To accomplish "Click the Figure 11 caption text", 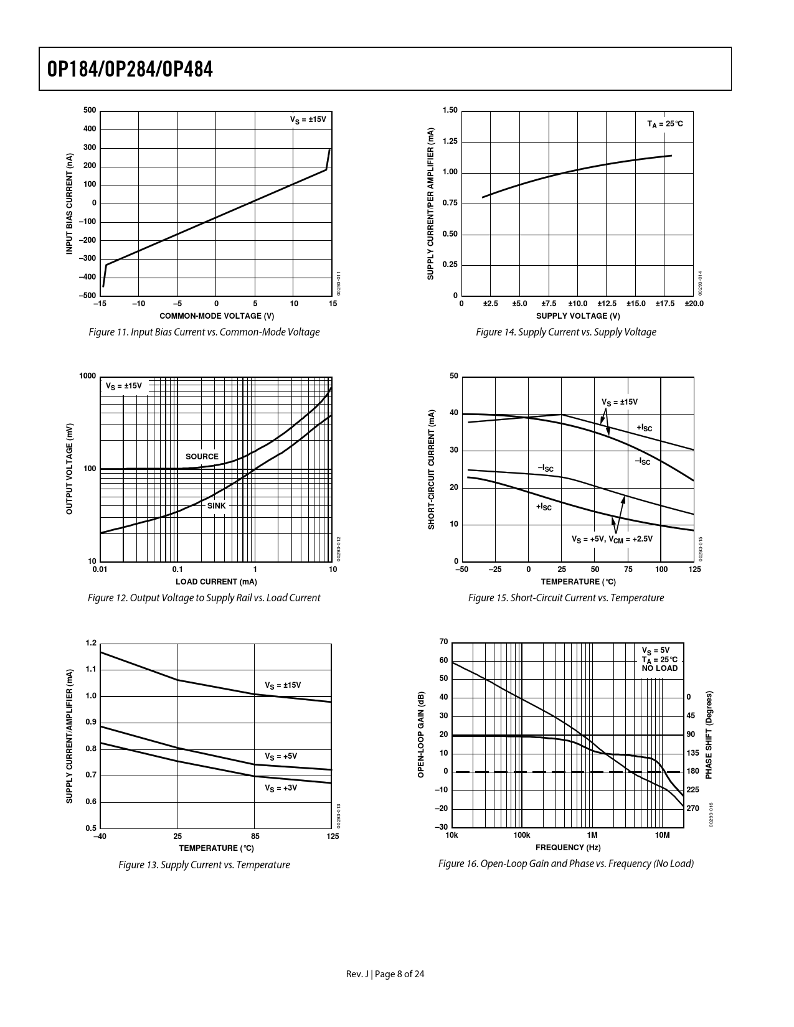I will [x=204, y=332].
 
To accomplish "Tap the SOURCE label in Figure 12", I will [x=202, y=457].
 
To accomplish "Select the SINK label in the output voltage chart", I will [x=216, y=506].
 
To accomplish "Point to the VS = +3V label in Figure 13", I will [x=281, y=788].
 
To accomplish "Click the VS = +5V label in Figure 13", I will [x=281, y=757].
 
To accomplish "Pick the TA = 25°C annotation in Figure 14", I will [x=664, y=124].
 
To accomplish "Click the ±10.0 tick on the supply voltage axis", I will [x=578, y=304].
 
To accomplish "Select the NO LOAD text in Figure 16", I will [x=659, y=668].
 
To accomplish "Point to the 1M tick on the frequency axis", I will [x=592, y=835].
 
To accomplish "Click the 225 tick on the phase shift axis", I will [x=692, y=790].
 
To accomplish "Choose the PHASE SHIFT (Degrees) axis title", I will [x=709, y=734].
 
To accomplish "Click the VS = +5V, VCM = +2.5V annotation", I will [x=612, y=539].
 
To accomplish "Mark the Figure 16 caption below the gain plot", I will [x=565, y=864].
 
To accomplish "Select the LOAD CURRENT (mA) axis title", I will [x=216, y=582].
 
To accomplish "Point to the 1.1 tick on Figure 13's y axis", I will [x=92, y=670].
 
